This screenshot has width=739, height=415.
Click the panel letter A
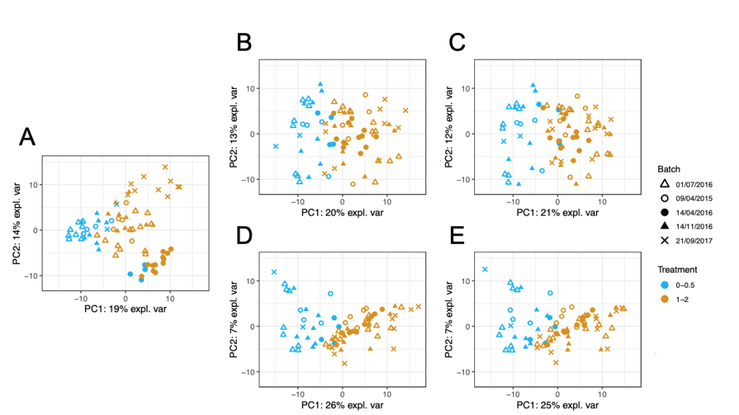(x=27, y=138)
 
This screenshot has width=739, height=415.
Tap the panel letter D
(x=245, y=234)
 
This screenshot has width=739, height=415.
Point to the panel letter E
(x=456, y=234)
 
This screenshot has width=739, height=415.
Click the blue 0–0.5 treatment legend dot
(x=664, y=284)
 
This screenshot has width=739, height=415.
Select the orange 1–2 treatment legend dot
(x=664, y=299)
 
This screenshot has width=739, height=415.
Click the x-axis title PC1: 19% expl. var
(x=125, y=309)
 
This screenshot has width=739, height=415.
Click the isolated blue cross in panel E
(x=485, y=269)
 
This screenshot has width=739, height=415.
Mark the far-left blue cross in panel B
(x=276, y=147)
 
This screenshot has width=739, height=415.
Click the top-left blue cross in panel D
(x=274, y=272)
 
